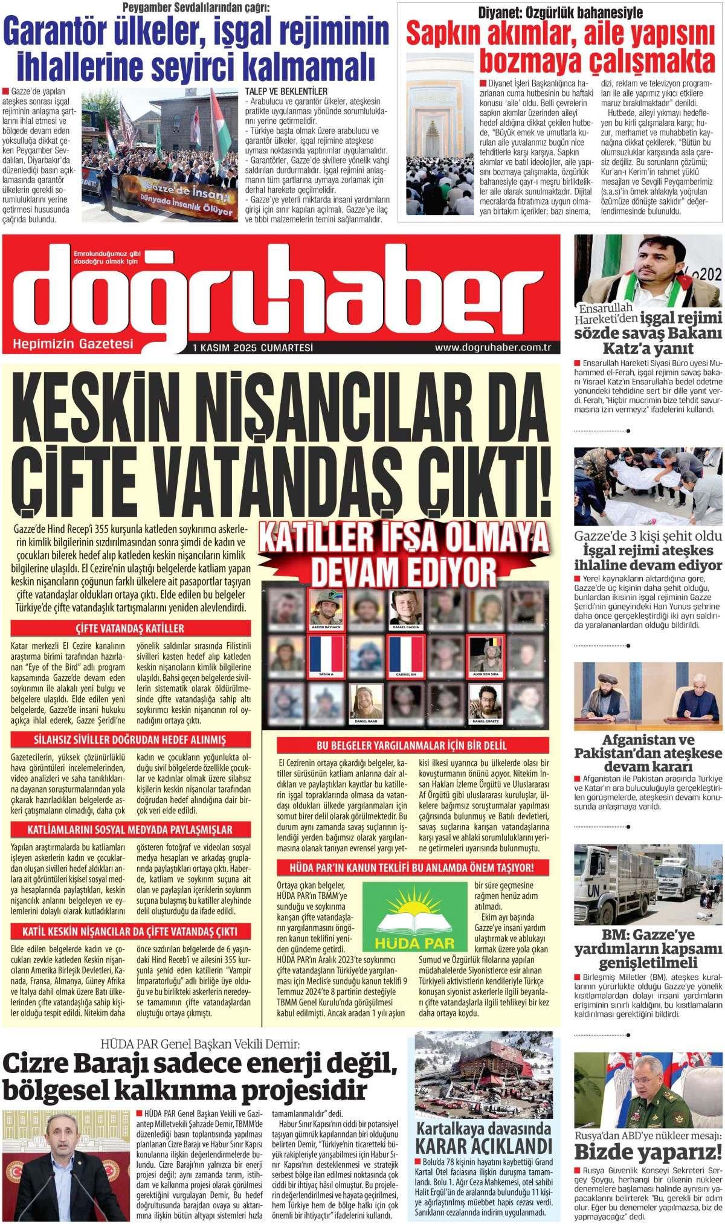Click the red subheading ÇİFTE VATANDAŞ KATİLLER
coord(130,628)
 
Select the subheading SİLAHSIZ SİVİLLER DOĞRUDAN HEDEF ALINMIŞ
coord(130,740)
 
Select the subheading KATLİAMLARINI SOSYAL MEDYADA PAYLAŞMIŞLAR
coord(130,829)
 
